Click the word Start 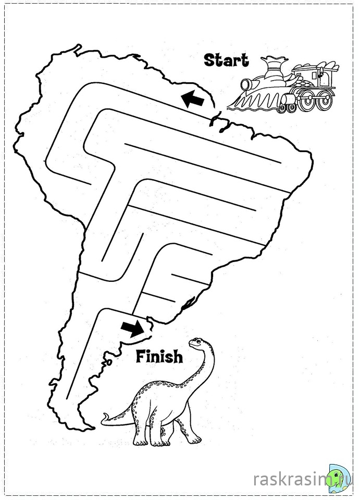coord(226,60)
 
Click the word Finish coord(159,357)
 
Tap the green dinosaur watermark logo coord(338,477)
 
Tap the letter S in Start coord(209,60)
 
